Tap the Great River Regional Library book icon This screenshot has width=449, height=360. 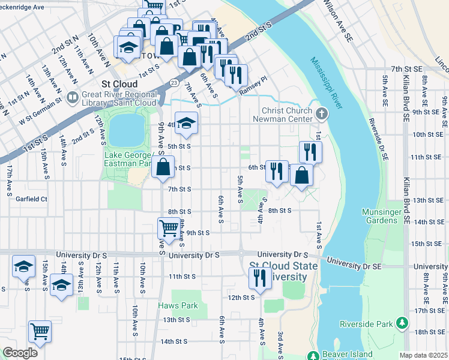[x=73, y=97]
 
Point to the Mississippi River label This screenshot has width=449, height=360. [x=327, y=83]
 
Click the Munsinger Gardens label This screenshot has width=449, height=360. [x=380, y=216]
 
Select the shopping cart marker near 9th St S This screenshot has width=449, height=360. [x=169, y=228]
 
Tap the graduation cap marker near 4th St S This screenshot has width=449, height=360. [x=187, y=123]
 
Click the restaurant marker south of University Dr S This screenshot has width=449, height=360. [x=260, y=278]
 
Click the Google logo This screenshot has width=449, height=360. [x=20, y=353]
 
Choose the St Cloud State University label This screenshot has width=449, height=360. [x=278, y=271]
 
